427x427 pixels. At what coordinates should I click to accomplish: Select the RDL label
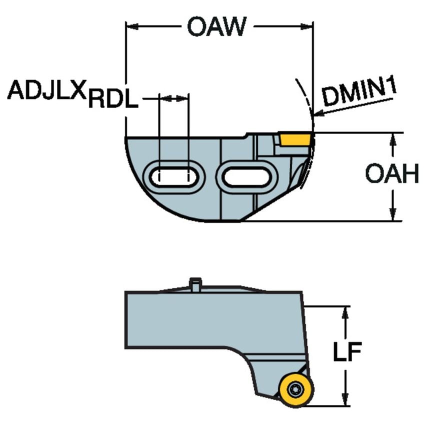pos(113,101)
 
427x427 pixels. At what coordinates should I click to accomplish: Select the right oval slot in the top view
pos(245,176)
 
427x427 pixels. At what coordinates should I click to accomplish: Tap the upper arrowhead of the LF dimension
pos(345,312)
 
